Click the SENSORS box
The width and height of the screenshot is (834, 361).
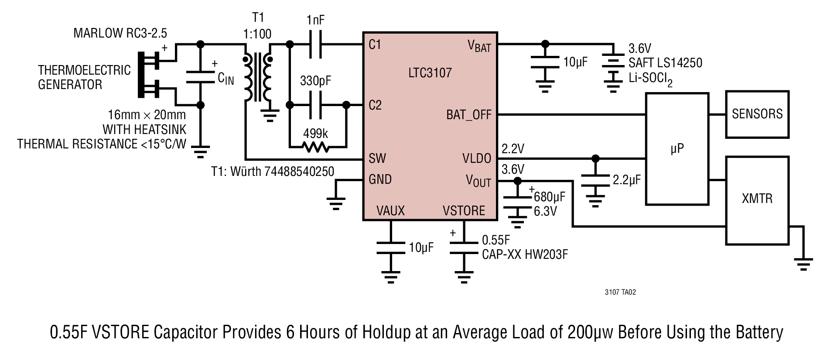tap(757, 114)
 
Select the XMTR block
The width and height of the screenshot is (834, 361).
tap(757, 200)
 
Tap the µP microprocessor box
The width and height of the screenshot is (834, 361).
tap(677, 148)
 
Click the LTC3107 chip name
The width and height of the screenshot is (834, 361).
tap(430, 72)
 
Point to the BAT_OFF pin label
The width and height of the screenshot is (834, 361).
tap(468, 115)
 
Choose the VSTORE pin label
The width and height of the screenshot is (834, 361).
tap(464, 211)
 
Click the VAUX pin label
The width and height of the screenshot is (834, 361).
tap(390, 211)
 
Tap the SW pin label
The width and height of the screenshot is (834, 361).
tap(377, 158)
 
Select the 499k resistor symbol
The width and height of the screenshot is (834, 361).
tap(316, 147)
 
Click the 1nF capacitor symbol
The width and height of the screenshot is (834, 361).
tap(315, 44)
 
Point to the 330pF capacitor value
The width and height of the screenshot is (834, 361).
tap(315, 81)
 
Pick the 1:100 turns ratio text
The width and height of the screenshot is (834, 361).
tap(258, 34)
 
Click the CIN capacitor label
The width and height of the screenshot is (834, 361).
tap(226, 79)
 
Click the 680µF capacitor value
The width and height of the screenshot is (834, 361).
tap(550, 197)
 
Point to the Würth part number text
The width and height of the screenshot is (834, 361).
tap(273, 172)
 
